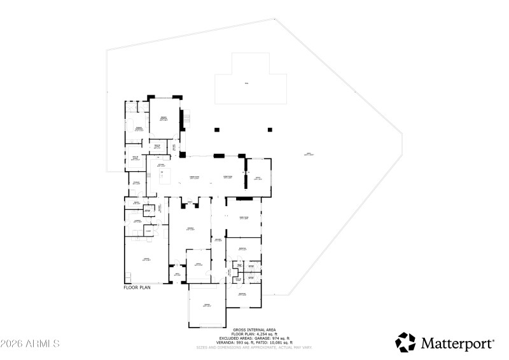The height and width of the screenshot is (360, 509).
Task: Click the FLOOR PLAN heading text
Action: click(137, 287)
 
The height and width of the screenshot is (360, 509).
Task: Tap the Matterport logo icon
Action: click(405, 342)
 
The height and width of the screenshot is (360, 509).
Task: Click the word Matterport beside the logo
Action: click(457, 343)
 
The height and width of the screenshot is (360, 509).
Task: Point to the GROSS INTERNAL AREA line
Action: click(254, 329)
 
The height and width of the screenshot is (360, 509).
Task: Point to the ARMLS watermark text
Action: click(30, 343)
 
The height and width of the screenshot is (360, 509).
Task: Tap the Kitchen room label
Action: click(162, 165)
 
